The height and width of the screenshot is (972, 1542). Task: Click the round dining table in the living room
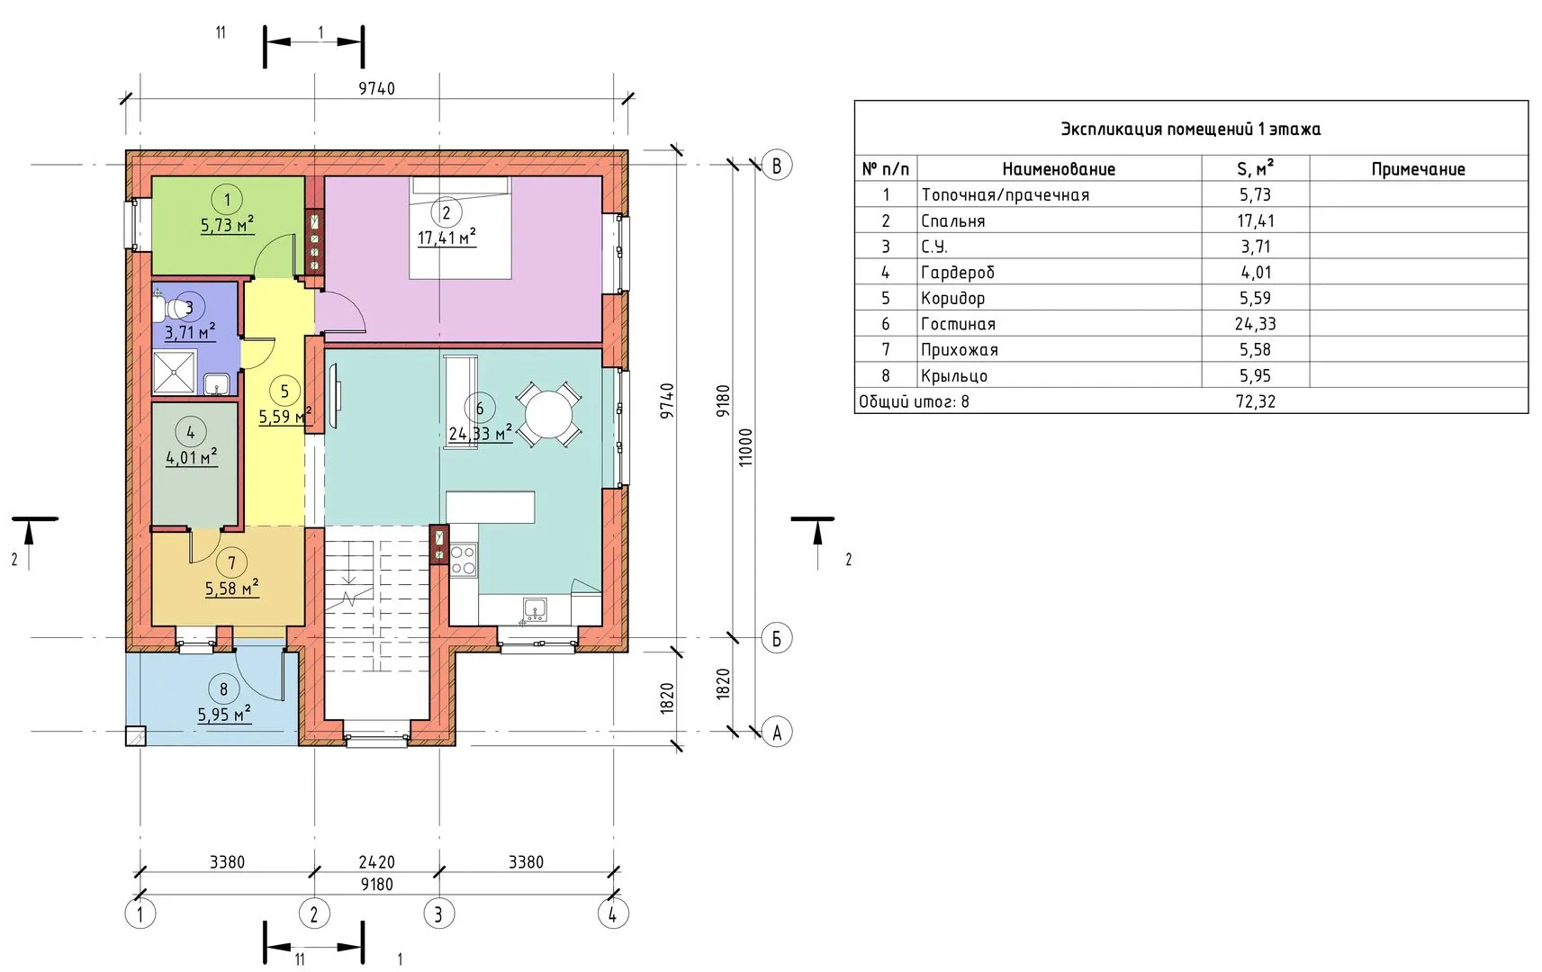[x=548, y=415]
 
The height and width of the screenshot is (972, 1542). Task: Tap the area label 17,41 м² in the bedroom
[x=446, y=238]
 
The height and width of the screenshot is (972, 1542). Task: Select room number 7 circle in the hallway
[x=231, y=563]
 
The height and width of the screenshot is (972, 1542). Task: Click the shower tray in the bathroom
[x=174, y=373]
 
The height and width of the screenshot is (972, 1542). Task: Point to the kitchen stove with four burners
[x=463, y=560]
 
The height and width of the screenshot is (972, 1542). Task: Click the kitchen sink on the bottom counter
[x=535, y=609]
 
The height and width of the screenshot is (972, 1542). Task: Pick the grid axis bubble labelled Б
[x=777, y=638]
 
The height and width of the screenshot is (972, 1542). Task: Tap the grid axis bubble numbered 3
[x=438, y=914]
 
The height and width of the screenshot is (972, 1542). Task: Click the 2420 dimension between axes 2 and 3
[x=376, y=862]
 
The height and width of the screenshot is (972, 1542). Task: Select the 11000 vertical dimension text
[x=746, y=447]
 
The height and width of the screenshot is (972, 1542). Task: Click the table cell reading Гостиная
[x=959, y=323]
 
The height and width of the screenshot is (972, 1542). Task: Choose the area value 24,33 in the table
[x=1255, y=323]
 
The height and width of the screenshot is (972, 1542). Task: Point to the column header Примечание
[x=1418, y=168]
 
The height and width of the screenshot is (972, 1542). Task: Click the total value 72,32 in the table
[x=1255, y=401]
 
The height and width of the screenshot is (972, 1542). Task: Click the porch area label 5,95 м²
[x=224, y=714]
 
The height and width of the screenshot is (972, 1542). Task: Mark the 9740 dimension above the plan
[x=376, y=89]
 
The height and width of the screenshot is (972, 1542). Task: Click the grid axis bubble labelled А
[x=777, y=732]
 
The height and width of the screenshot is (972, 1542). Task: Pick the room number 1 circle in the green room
[x=227, y=201]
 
